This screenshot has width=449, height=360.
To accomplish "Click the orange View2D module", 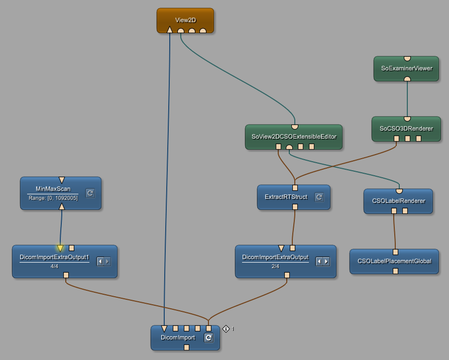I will point(185,19).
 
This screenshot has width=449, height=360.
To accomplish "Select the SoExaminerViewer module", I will point(407,68).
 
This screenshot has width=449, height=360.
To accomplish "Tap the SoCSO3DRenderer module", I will point(406,129).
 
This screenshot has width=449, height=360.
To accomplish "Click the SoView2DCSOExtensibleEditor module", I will point(293,136).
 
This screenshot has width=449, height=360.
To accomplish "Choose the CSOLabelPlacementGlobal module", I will point(394,261).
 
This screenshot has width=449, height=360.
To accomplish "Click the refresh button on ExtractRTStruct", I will point(319,197).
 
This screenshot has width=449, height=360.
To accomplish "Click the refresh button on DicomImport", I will point(208,338).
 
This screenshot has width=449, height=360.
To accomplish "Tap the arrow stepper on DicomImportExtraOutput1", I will point(103,261).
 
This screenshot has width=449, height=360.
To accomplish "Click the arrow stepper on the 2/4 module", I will point(322,261).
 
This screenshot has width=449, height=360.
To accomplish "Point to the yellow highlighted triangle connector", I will point(60,248).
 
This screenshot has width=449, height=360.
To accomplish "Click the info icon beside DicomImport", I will point(226,329).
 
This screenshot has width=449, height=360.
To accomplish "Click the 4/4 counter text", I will point(54,266).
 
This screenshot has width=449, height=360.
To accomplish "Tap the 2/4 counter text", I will point(275,266).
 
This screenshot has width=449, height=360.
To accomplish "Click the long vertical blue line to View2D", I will point(167,176).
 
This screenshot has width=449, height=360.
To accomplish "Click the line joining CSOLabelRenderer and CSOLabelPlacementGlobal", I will point(394,231).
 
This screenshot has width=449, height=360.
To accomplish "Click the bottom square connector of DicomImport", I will point(186,347).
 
